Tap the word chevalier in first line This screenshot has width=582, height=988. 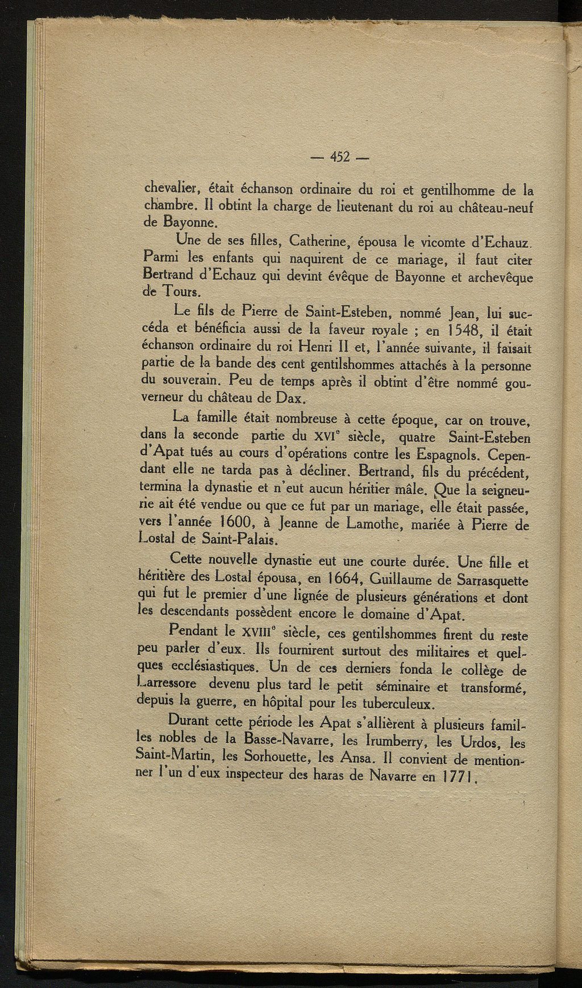pos(169,187)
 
